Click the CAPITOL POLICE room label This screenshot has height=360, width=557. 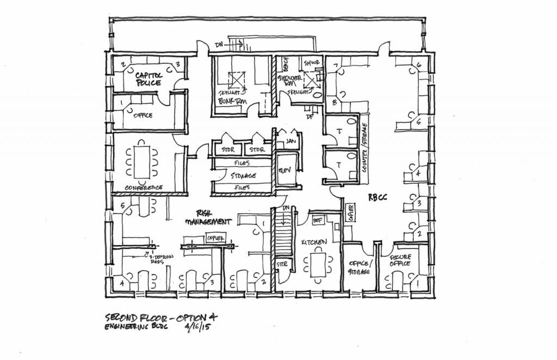[148, 79]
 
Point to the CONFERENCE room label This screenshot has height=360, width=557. [144, 188]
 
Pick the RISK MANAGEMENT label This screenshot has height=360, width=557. [209, 218]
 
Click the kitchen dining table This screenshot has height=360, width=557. [318, 263]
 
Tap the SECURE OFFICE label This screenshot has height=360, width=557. [402, 259]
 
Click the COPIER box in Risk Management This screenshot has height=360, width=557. [216, 237]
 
